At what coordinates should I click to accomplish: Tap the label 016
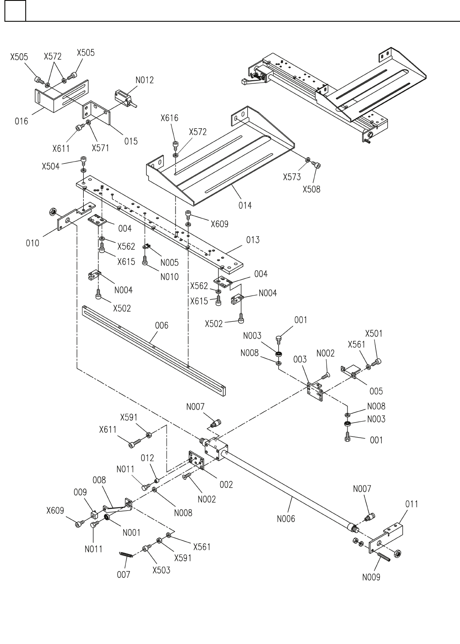point(21,121)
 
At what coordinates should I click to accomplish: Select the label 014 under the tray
point(245,205)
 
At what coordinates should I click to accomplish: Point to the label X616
point(170,118)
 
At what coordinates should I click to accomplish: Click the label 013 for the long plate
point(253,240)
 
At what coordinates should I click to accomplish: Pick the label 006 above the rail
point(161,326)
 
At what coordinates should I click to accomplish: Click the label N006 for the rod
point(286,518)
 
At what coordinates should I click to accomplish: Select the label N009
point(371,577)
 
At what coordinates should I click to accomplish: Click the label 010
point(32,243)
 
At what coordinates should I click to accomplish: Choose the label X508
point(312,189)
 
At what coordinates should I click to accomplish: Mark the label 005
point(376,391)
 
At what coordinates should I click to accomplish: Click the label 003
point(300,359)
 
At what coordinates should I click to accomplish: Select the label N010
point(169,277)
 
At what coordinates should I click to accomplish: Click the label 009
point(80,492)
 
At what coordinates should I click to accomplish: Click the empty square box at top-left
point(15,11)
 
